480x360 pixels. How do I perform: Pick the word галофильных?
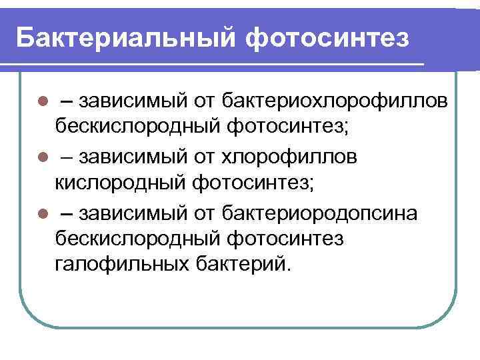tap(122, 262)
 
